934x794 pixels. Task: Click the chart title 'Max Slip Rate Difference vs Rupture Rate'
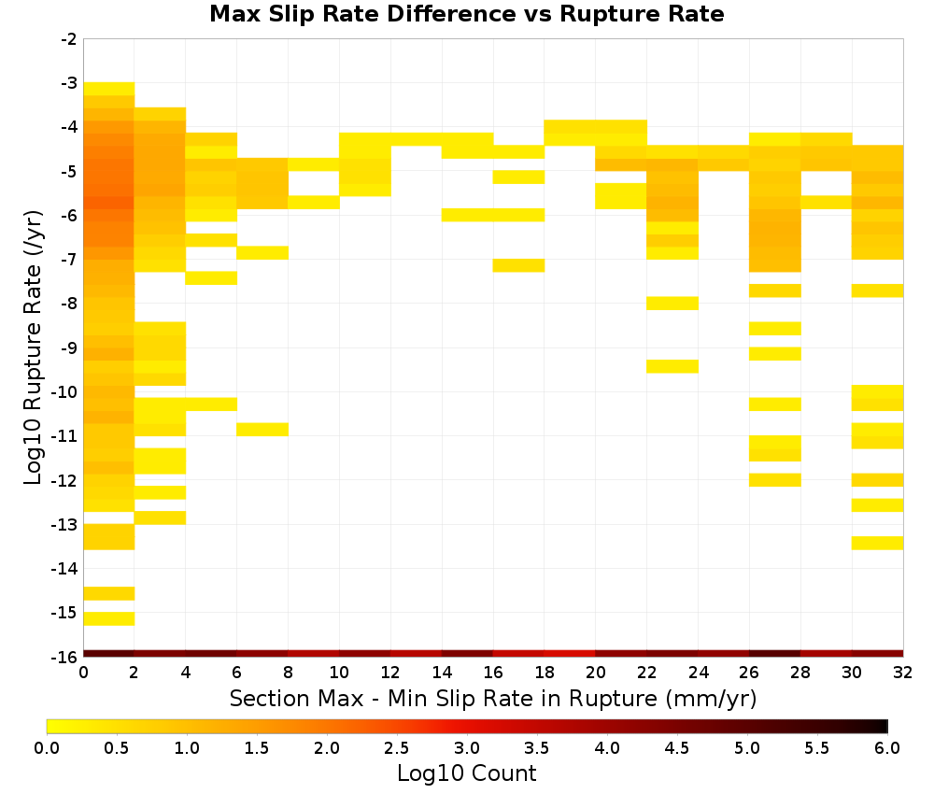point(466,14)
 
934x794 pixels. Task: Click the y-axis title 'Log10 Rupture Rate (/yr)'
point(34,347)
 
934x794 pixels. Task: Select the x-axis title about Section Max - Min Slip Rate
point(493,698)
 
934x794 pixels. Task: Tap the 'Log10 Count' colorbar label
point(466,773)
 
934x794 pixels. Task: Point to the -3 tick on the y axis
point(68,83)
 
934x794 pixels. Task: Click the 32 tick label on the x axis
point(902,673)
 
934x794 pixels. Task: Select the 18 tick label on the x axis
point(545,673)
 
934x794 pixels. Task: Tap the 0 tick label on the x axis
point(83,673)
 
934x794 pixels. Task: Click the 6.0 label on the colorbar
point(887,747)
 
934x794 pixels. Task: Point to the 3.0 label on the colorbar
point(466,747)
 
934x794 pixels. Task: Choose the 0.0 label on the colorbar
point(47,747)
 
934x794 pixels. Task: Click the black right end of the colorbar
point(884,726)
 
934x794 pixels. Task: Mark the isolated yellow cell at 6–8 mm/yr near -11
point(262,430)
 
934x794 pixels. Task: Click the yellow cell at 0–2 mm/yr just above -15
point(109,594)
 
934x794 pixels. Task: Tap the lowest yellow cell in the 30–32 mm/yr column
point(877,544)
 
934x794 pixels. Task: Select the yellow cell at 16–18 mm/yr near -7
point(518,265)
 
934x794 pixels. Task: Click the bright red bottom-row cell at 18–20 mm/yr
point(570,654)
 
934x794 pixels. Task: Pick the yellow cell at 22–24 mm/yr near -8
point(672,304)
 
